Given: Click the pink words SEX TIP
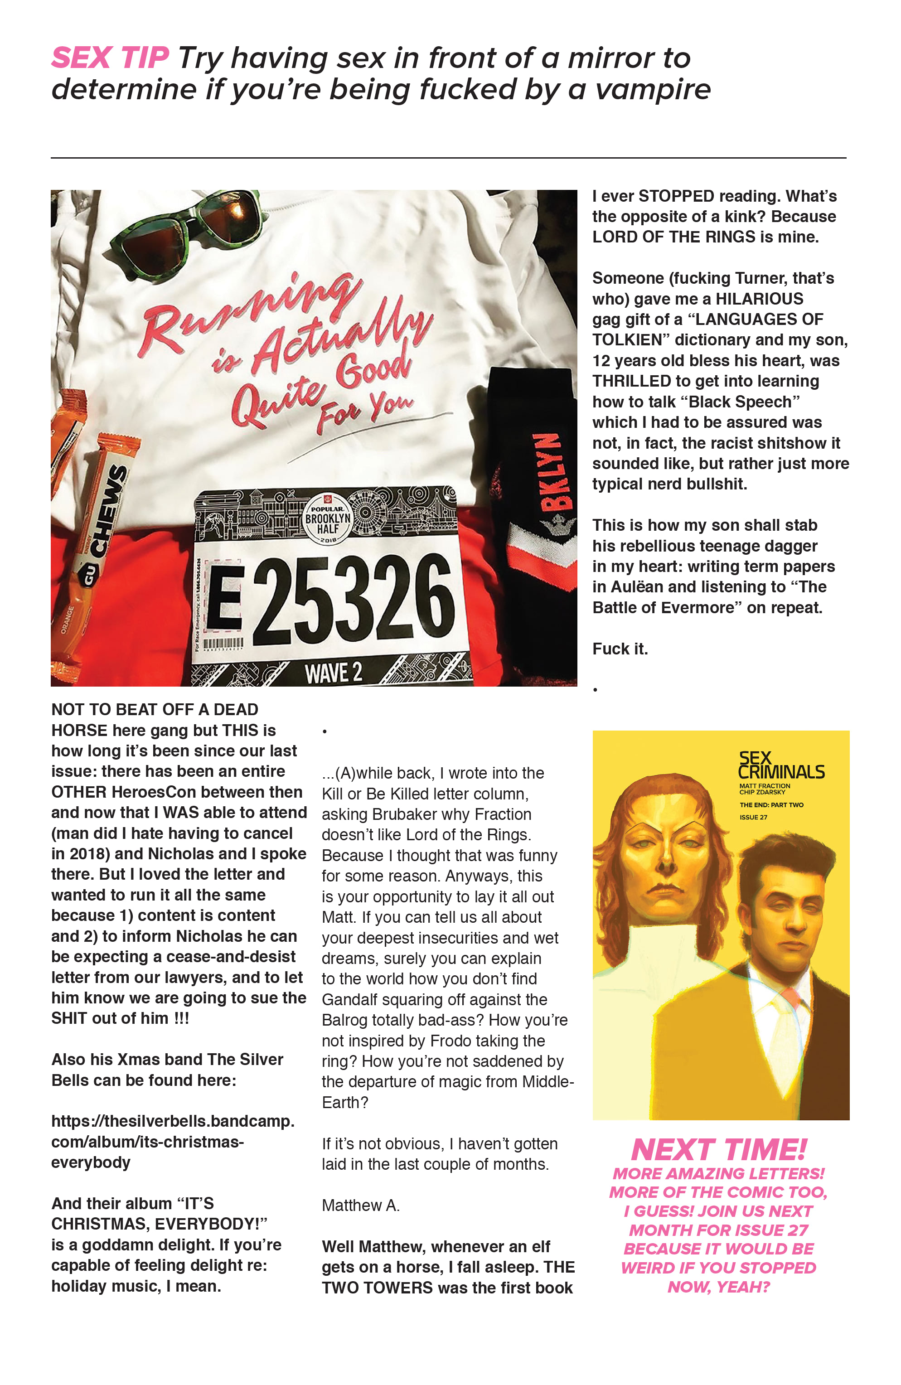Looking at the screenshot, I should click(x=110, y=58).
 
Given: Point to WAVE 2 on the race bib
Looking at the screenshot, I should click(x=333, y=673).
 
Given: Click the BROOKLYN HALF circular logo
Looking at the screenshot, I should click(x=328, y=518).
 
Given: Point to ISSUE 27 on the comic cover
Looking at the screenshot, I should click(x=753, y=817).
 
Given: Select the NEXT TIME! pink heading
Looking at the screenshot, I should click(x=719, y=1150).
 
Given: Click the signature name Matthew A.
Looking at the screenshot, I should click(x=360, y=1205).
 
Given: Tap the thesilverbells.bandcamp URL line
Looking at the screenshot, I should click(x=172, y=1121).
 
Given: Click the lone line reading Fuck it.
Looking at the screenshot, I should click(x=620, y=649).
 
